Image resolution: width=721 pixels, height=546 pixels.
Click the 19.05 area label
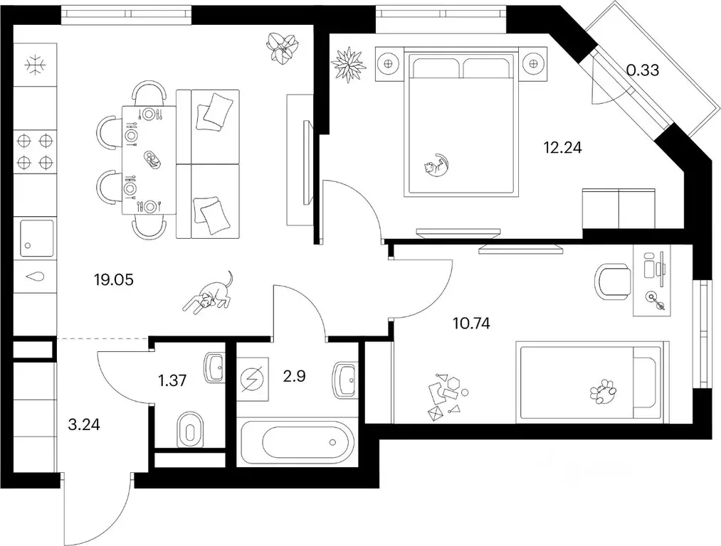(x=114, y=279)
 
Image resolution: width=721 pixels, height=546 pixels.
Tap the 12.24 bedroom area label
(x=562, y=147)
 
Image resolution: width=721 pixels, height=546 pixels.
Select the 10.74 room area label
(x=471, y=323)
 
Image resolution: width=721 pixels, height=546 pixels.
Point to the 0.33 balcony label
(x=643, y=70)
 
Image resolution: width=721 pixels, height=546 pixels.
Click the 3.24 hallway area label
(x=84, y=424)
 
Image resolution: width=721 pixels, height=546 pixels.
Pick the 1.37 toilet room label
(x=172, y=380)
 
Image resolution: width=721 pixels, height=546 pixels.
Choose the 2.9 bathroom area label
(x=294, y=377)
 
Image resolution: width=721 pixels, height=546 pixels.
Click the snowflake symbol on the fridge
(x=35, y=65)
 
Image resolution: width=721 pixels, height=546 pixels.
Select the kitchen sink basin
(x=36, y=238)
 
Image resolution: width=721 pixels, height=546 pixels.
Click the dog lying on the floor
(x=209, y=293)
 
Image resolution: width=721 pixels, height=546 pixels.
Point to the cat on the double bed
(x=436, y=166)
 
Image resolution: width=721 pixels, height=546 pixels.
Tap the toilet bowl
(x=190, y=430)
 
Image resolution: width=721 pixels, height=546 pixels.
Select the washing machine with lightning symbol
(x=253, y=380)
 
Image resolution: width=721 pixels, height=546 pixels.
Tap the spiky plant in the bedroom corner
(x=349, y=64)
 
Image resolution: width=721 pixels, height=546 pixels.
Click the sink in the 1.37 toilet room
(x=214, y=368)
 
